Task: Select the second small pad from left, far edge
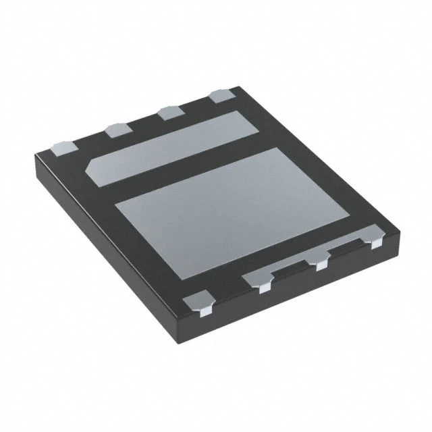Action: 116,128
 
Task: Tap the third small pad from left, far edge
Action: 168,112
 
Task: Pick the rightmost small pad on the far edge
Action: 222,96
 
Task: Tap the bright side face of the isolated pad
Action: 202,311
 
